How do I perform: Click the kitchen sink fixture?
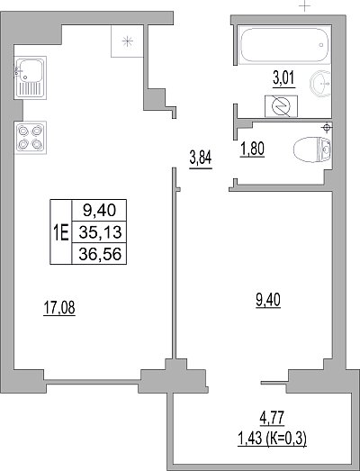(30, 77)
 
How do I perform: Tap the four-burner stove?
(30, 138)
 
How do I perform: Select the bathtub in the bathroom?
(284, 45)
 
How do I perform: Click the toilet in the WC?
(312, 149)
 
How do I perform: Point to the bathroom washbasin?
(320, 82)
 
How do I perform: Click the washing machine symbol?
(281, 106)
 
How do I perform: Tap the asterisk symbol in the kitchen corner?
(128, 41)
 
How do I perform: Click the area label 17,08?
(59, 308)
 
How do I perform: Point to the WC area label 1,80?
(252, 149)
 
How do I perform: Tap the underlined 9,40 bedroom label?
(268, 300)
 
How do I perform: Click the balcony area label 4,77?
(272, 418)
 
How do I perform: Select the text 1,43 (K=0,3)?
(272, 439)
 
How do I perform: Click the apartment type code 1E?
(61, 232)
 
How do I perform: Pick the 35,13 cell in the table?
(99, 231)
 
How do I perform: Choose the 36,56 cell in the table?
(99, 254)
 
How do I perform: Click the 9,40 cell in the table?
(99, 210)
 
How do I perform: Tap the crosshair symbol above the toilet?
(327, 128)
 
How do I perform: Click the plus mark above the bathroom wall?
(305, 5)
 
